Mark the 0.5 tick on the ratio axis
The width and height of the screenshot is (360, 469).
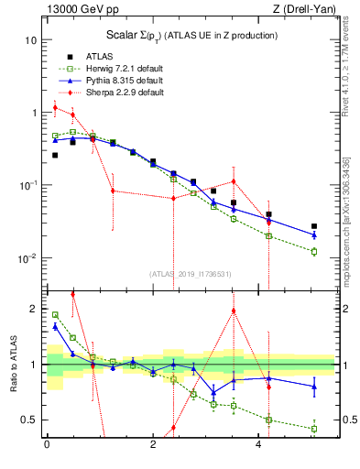tap(27, 420)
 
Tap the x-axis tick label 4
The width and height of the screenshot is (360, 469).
tap(260, 445)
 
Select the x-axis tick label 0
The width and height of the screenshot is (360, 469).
tap(47, 445)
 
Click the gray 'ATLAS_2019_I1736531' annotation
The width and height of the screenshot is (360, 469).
tap(190, 274)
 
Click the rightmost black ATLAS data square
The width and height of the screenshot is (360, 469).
tap(313, 226)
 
